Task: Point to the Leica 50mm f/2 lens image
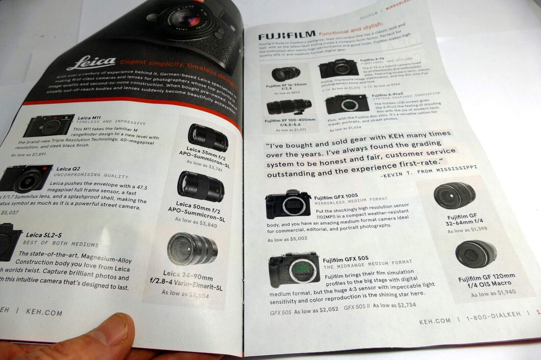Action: click(x=200, y=186)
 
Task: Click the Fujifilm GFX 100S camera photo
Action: click(x=288, y=204)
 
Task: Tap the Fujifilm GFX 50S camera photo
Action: click(x=294, y=269)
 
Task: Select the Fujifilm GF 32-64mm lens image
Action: click(x=454, y=195)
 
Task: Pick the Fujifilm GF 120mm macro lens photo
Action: click(x=475, y=254)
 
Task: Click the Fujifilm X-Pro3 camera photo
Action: click(x=347, y=104)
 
